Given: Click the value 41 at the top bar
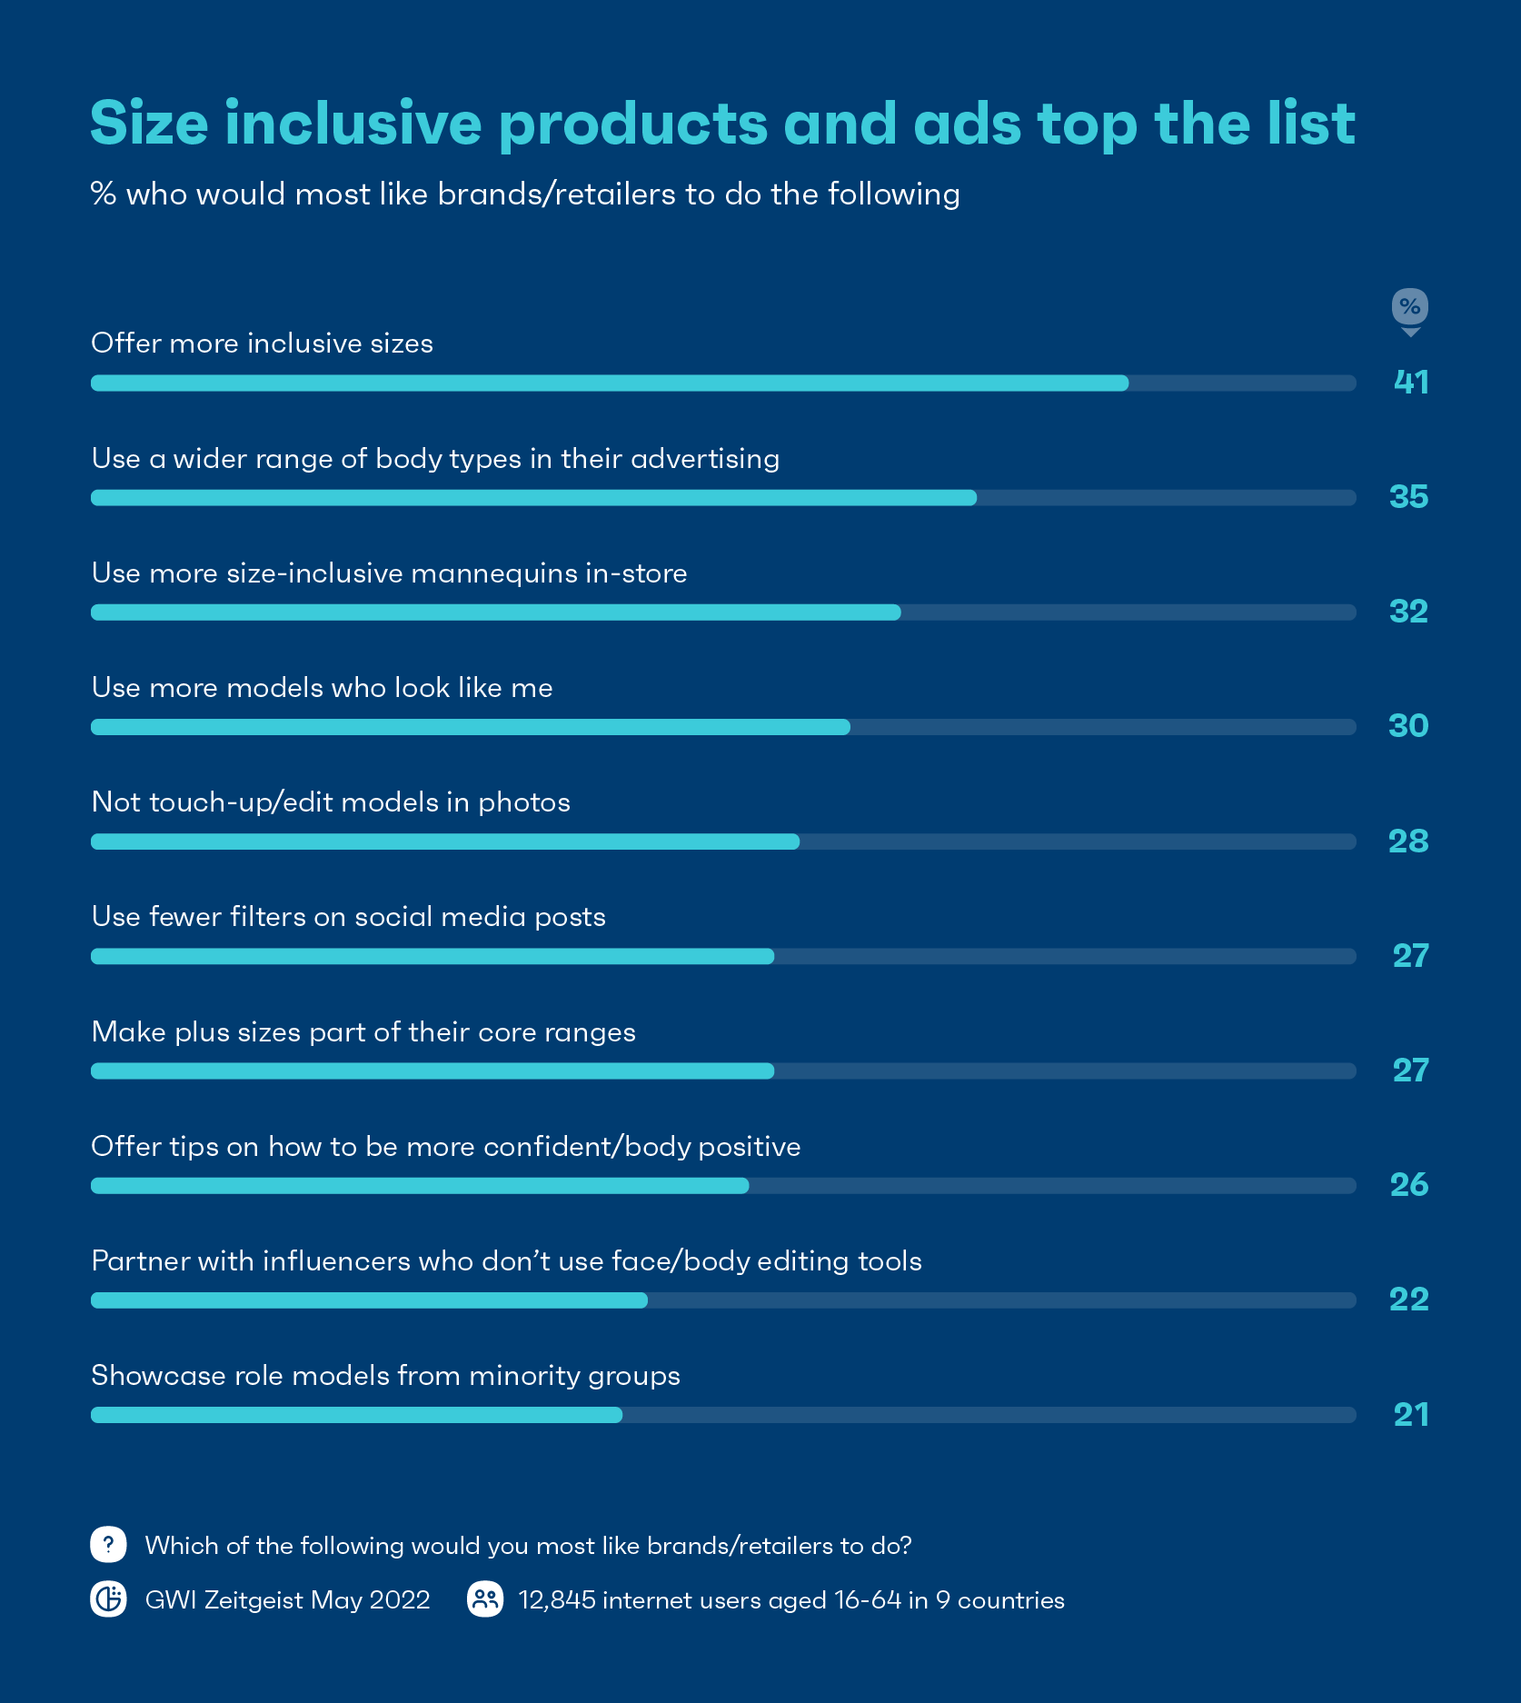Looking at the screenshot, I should click(x=1411, y=383).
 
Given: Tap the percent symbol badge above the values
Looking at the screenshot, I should click(x=1409, y=307).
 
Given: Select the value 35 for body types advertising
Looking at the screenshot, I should click(x=1408, y=497).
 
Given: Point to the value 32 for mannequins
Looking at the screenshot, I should click(x=1408, y=612).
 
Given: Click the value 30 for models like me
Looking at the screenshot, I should click(x=1408, y=726).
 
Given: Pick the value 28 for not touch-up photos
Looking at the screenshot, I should click(x=1408, y=842).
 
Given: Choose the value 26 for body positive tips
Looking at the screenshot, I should click(x=1409, y=1185).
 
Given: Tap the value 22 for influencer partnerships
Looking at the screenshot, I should click(x=1409, y=1300).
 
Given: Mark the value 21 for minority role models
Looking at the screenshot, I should click(x=1411, y=1415).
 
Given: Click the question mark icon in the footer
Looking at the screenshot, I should click(x=108, y=1545).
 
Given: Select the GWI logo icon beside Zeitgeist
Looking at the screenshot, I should click(x=108, y=1599).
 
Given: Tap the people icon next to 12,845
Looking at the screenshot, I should click(x=485, y=1599).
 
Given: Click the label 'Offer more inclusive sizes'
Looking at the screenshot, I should click(x=262, y=344).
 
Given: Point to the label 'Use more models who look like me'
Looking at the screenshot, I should click(x=322, y=688).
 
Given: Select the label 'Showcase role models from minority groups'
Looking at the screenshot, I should click(x=385, y=1376).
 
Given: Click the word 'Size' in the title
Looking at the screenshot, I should click(x=149, y=124).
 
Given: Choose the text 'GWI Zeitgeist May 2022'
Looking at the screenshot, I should click(x=287, y=1600).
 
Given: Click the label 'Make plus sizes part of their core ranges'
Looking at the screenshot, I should click(x=363, y=1032).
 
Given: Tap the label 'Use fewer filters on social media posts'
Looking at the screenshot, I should click(x=348, y=917).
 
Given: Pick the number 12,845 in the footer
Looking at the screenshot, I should click(x=557, y=1600).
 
